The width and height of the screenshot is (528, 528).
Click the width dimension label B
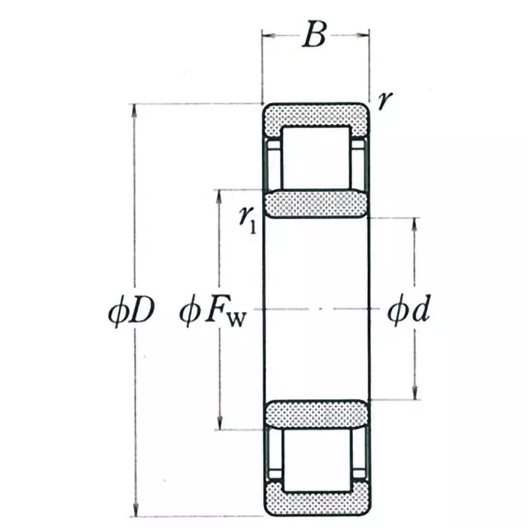[315, 37]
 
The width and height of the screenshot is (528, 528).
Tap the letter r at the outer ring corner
[385, 100]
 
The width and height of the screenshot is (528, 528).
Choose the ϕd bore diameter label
[409, 309]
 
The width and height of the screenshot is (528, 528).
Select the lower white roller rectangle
[315, 460]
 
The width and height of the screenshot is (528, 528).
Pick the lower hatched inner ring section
[315, 414]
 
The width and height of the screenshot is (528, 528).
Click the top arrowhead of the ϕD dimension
[136, 110]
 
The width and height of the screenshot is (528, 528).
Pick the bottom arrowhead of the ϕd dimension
[415, 394]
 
